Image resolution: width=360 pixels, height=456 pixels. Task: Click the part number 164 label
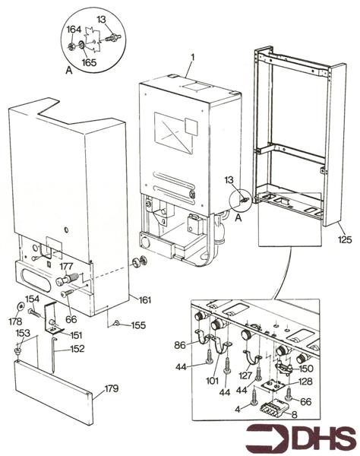(x=74, y=30)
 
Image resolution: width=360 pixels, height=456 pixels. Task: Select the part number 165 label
(x=89, y=62)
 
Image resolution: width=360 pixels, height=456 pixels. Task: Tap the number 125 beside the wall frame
(x=345, y=239)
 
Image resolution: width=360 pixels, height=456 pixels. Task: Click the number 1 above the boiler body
(x=192, y=57)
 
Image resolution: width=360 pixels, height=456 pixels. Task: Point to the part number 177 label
(x=67, y=266)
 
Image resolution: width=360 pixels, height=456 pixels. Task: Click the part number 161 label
(x=145, y=299)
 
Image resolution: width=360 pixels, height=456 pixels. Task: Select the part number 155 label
(x=138, y=325)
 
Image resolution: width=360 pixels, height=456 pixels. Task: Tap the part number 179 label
(x=112, y=388)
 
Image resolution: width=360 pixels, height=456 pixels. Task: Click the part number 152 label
(x=77, y=348)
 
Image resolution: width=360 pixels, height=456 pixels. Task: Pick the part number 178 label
(x=15, y=321)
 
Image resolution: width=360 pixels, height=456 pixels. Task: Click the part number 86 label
(x=180, y=345)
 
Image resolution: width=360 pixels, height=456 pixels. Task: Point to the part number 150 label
(x=306, y=369)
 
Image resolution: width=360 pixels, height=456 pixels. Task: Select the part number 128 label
(x=305, y=381)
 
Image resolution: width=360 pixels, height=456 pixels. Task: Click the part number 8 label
(x=295, y=415)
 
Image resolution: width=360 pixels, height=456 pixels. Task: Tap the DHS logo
(x=301, y=439)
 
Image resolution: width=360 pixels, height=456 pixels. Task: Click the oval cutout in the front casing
(x=36, y=280)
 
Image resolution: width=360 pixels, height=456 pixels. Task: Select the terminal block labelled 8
(x=273, y=407)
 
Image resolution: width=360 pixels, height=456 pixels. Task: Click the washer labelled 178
(x=21, y=306)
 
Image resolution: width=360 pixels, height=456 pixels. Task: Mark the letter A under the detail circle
(x=69, y=70)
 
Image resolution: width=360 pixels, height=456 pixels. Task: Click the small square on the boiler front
(x=191, y=127)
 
